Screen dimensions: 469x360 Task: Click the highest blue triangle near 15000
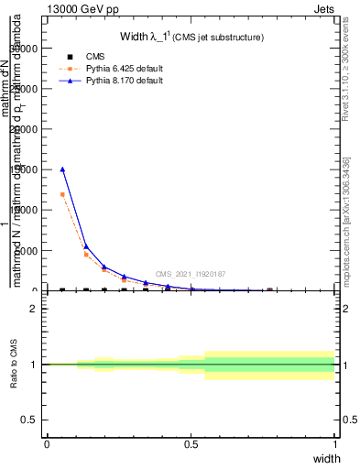62,169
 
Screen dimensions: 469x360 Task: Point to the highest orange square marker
62,194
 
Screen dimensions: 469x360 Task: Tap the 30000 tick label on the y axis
26,49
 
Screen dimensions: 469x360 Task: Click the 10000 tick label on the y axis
26,210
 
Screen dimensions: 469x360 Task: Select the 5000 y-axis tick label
28,250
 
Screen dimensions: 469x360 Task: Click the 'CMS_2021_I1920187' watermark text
191,274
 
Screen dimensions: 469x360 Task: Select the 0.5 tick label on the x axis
191,444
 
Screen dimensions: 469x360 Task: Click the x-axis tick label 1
334,444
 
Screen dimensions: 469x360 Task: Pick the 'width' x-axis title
326,458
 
